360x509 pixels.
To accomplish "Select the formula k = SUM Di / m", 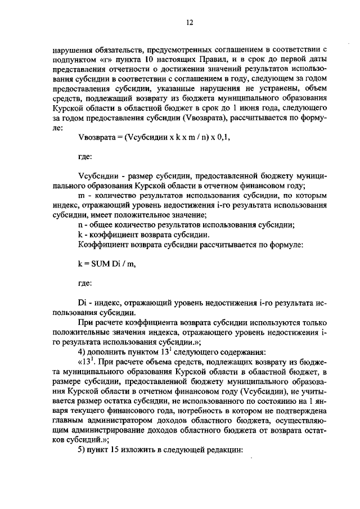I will tap(107, 263).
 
